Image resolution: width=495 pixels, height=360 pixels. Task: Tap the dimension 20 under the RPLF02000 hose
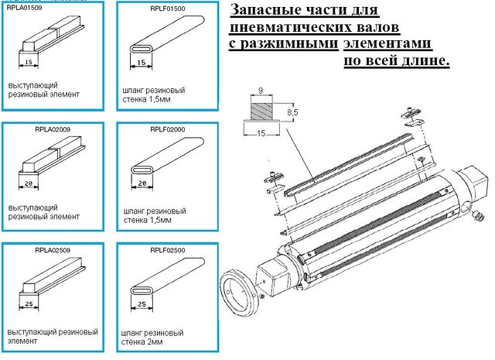(142, 183)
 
